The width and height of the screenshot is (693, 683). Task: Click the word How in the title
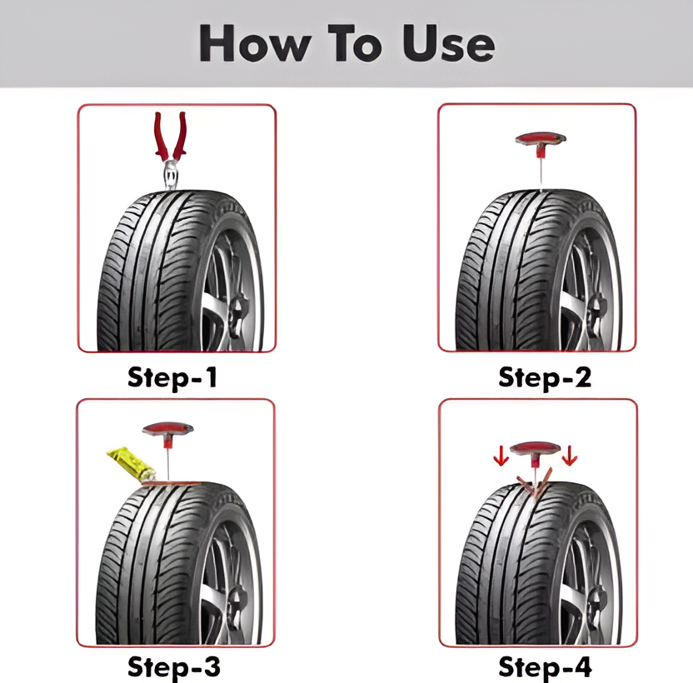(x=255, y=42)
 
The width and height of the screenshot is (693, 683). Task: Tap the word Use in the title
(x=448, y=44)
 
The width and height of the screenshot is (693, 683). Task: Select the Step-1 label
(x=172, y=378)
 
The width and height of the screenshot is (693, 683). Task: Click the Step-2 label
(x=545, y=378)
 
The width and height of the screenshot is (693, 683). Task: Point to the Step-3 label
(x=174, y=666)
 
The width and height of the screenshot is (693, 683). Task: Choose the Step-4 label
(x=545, y=666)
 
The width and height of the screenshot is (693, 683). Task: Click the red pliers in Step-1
(x=170, y=137)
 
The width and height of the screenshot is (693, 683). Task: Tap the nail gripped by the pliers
(x=170, y=175)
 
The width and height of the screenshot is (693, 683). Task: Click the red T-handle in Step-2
(x=541, y=142)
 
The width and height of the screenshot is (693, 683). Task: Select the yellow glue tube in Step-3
(x=131, y=463)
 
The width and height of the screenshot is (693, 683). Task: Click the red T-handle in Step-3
(x=167, y=432)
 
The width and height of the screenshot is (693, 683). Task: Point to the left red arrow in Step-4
(x=501, y=456)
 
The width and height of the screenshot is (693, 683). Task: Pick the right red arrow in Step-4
(x=569, y=456)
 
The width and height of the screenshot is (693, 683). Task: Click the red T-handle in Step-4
(x=536, y=451)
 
